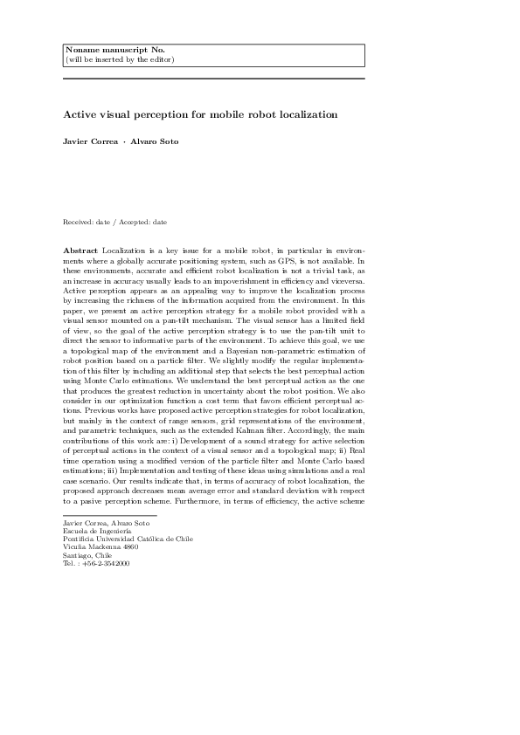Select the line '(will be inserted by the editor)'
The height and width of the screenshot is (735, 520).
click(x=120, y=59)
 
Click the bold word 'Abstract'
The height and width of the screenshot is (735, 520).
click(x=81, y=251)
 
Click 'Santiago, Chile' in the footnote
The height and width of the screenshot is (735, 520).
click(x=88, y=555)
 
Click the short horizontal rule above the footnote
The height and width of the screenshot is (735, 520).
click(x=98, y=514)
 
